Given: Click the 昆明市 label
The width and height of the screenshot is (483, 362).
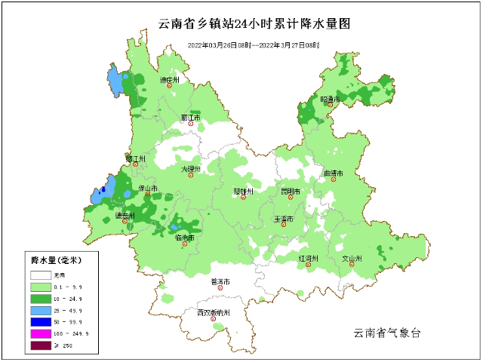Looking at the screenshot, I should [291, 192].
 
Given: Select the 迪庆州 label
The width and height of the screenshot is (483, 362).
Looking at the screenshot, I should [169, 80].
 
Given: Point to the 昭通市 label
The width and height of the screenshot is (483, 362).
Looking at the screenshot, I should [331, 99].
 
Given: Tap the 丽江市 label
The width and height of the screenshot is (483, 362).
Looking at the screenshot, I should [191, 118].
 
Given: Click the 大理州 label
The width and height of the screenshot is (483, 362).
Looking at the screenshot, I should [190, 170].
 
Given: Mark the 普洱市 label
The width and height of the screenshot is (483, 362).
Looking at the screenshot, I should [220, 282].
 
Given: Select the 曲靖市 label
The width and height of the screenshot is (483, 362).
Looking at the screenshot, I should [333, 173].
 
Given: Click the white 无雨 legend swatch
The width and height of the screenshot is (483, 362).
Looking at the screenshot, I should [40, 275].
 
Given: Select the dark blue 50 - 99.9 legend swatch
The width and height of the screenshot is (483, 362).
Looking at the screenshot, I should [40, 321].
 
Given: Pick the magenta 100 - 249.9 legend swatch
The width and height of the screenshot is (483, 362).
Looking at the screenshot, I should [40, 333].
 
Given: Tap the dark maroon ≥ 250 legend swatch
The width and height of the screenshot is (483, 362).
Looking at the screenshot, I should [40, 345].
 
